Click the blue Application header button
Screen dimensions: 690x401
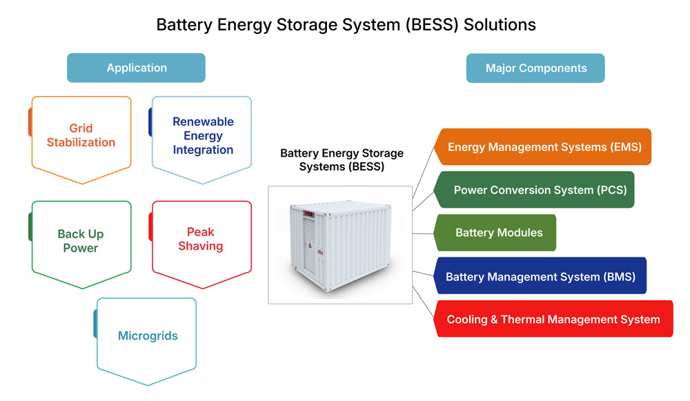[x=136, y=68]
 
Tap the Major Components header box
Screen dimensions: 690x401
[x=535, y=68]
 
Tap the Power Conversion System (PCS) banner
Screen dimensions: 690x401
[x=534, y=190]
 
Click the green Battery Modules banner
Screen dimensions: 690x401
[x=495, y=233]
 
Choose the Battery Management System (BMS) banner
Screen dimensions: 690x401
[x=540, y=275]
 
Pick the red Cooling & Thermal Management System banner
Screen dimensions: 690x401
[x=553, y=319]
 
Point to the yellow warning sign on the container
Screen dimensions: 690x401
[x=310, y=246]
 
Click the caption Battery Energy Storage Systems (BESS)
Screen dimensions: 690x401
[x=342, y=160]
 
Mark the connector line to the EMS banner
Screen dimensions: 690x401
[x=424, y=173]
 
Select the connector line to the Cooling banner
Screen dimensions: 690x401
[x=424, y=301]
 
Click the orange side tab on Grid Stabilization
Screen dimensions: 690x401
[x=30, y=122]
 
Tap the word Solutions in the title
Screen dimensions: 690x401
[x=500, y=25]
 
